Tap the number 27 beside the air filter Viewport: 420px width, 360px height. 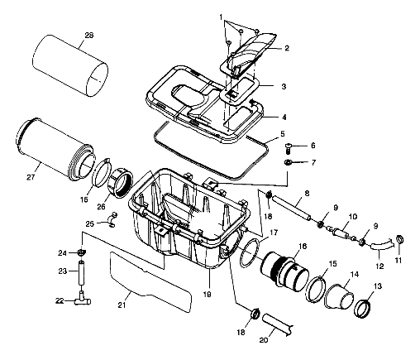pyautogui.click(x=31, y=176)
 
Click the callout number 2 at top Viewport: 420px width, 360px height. pyautogui.click(x=287, y=48)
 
